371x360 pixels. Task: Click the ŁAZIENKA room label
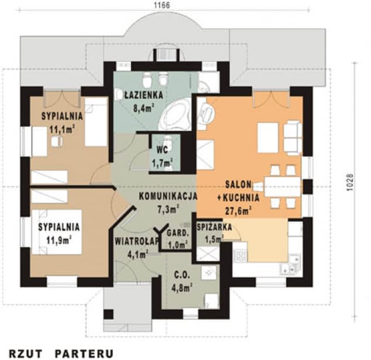143,95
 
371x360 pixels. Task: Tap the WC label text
162,150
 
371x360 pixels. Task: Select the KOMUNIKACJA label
168,196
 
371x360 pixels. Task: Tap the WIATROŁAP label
136,241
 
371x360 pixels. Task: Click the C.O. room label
181,275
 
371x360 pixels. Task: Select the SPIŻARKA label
214,227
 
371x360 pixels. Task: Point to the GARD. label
178,233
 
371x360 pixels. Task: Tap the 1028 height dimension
350,182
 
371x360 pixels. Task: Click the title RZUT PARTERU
61,354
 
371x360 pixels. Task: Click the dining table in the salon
282,186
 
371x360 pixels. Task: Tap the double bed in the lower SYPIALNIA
57,232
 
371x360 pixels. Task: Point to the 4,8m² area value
181,288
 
